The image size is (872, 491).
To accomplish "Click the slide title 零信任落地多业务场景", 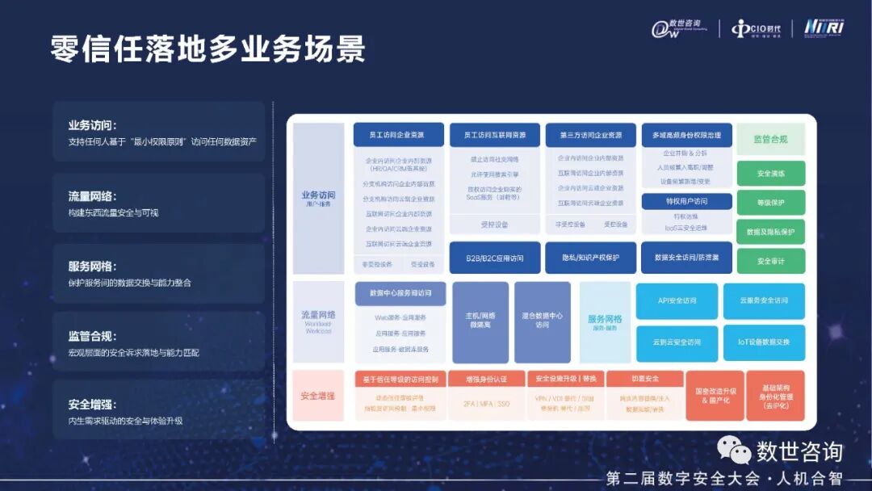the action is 208,49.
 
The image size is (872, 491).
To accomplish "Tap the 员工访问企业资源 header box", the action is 396,134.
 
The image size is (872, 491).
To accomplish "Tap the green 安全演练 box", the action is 770,173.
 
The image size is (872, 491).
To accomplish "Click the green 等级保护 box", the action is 770,202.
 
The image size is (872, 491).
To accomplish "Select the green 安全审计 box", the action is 770,261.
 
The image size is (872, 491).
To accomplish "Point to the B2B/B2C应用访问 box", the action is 494,258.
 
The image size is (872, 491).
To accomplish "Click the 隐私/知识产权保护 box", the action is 590,258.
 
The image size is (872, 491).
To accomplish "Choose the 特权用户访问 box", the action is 686,201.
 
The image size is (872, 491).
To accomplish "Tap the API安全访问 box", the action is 677,300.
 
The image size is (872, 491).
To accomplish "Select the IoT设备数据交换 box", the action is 764,342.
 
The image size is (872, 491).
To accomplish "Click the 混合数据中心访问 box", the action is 542,321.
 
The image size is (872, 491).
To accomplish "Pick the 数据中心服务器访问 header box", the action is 400,292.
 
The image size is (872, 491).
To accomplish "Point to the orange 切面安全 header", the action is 644,378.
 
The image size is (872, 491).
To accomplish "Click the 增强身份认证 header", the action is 487,378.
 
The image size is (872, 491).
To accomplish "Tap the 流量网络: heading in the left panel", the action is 92,196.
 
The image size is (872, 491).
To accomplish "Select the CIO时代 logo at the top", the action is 757,29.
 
